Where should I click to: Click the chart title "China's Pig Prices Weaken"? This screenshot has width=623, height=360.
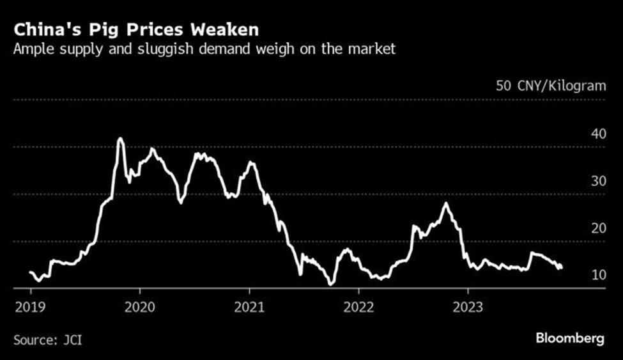[x=136, y=29]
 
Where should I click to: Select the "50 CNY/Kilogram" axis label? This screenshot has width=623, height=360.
[x=550, y=86]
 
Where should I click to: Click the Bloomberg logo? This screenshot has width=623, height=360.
[x=569, y=338]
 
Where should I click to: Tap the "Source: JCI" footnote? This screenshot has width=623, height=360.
[x=47, y=339]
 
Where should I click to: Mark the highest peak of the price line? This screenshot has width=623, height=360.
[x=120, y=138]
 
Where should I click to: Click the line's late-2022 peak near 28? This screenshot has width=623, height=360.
[x=445, y=203]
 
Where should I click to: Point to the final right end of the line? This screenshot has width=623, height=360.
[x=561, y=267]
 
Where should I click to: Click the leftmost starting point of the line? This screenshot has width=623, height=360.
[x=30, y=272]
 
